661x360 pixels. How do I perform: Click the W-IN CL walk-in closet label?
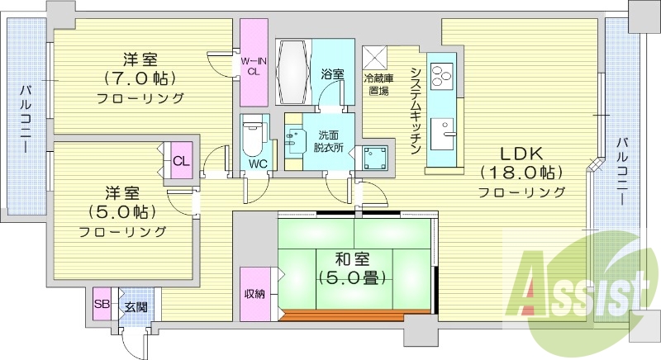point(252,65)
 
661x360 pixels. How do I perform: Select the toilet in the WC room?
point(253,135)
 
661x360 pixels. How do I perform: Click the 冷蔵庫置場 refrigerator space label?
point(377,85)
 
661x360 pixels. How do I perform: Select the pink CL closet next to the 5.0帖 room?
point(181,161)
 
